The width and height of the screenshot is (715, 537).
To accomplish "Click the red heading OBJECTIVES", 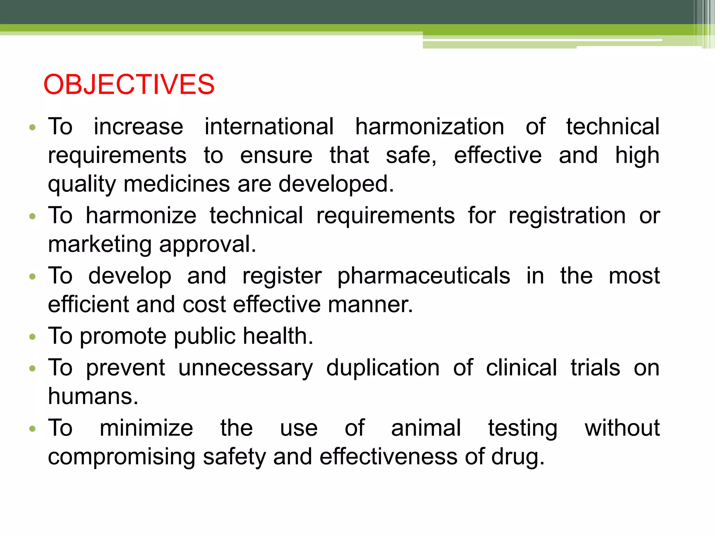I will (129, 85).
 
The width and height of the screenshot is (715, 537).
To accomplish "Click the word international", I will (269, 127).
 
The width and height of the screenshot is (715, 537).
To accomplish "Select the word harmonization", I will (429, 127).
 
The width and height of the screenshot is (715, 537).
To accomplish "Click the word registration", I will (567, 215).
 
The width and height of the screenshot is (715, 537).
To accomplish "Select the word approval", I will (208, 245).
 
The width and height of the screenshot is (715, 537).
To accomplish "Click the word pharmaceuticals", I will (423, 276).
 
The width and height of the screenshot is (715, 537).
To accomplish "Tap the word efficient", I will (88, 305).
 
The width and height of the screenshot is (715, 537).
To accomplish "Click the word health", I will (278, 336).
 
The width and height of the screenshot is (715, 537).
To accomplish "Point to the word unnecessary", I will (246, 368).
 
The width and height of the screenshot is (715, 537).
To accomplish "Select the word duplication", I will (383, 368).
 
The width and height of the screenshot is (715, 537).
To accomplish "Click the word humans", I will (93, 396).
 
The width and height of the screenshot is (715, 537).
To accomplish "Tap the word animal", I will (426, 428).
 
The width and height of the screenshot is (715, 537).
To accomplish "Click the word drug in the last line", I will (518, 458).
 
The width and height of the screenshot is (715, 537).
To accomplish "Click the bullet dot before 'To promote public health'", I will (32, 337).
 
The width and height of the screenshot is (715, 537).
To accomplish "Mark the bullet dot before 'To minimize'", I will (32, 429).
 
